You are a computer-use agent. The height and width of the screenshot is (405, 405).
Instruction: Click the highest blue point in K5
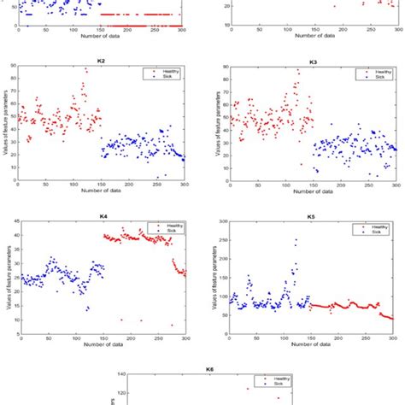click(296, 240)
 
